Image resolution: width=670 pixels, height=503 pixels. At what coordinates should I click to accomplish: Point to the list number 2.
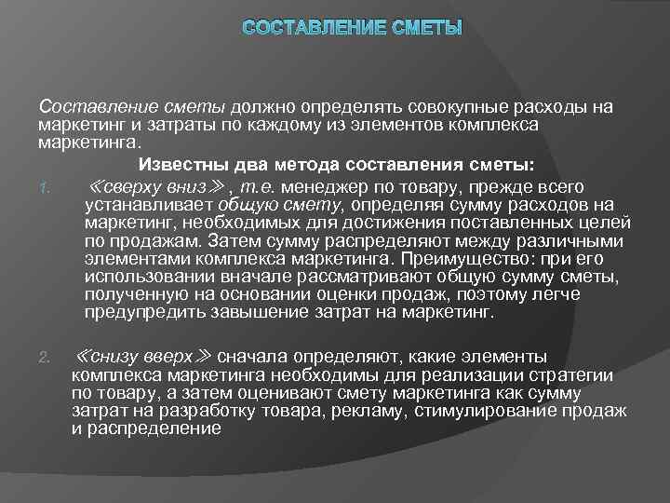tap(45, 357)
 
